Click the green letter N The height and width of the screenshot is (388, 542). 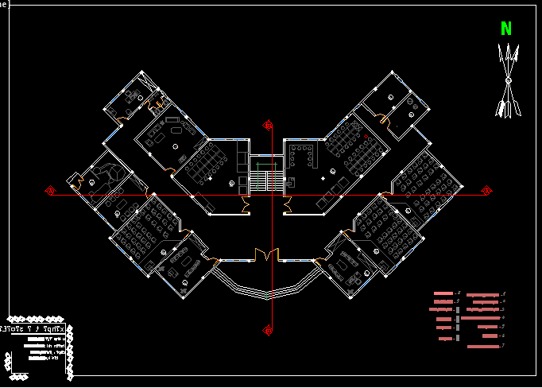(x=506, y=29)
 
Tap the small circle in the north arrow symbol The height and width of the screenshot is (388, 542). (x=507, y=80)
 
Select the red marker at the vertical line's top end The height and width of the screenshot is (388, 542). (x=269, y=124)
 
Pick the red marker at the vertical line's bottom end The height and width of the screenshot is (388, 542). (x=269, y=329)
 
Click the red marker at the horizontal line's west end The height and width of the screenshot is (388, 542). (x=50, y=191)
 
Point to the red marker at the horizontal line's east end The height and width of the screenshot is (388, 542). (x=487, y=191)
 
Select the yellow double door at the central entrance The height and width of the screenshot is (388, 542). (x=266, y=254)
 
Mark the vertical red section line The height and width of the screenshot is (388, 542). (x=272, y=231)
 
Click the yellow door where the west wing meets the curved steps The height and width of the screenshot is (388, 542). (x=216, y=260)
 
